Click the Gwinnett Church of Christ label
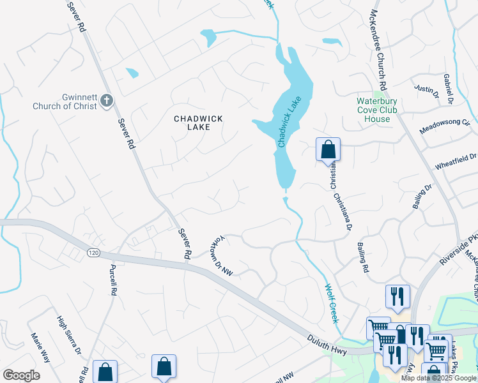pyautogui.click(x=65, y=101)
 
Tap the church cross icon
pyautogui.click(x=107, y=100)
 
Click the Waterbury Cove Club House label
pyautogui.click(x=377, y=110)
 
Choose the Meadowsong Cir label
pyautogui.click(x=445, y=125)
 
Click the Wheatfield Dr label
pyautogui.click(x=456, y=161)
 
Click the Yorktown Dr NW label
pyautogui.click(x=221, y=259)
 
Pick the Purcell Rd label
pyautogui.click(x=113, y=280)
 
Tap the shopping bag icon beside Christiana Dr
pyautogui.click(x=328, y=150)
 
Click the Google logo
pyautogui.click(x=21, y=375)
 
